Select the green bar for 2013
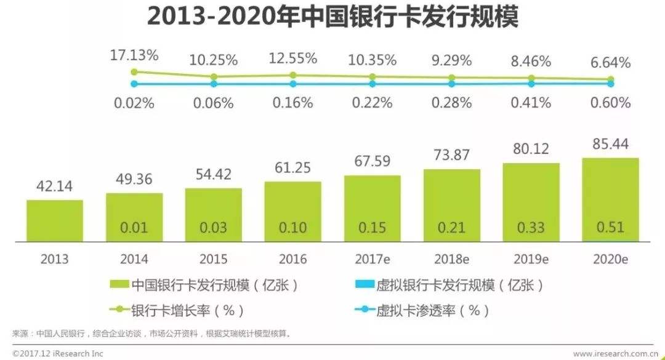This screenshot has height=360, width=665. [55, 220]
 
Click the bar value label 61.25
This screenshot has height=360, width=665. [293, 167]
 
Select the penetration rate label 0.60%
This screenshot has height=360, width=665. [610, 103]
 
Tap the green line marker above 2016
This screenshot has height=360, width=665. [293, 75]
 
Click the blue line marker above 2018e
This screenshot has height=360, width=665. [451, 84]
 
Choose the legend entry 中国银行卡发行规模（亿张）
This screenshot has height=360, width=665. [206, 285]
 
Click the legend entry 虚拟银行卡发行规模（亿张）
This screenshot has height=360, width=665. [451, 285]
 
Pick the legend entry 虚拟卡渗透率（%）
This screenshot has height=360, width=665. [419, 310]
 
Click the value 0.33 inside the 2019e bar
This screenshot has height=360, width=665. [531, 227]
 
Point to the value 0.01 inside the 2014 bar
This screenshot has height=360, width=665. [134, 227]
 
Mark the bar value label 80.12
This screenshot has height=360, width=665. [531, 150]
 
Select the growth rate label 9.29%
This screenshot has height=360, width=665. [451, 60]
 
